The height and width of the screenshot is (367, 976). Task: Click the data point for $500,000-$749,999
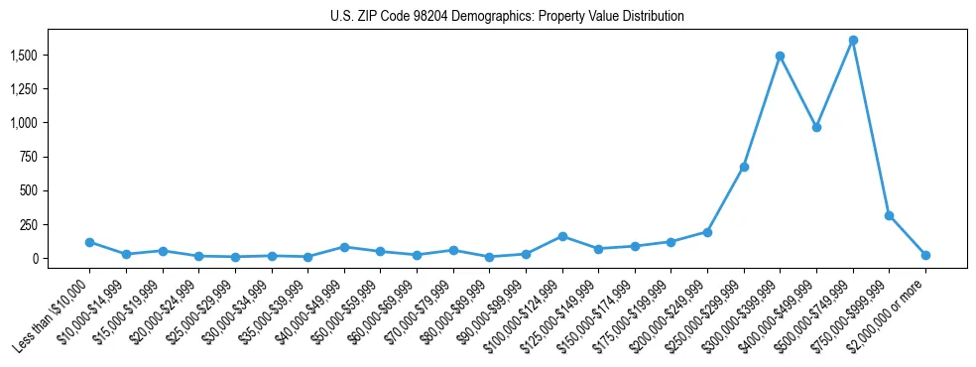[853, 41]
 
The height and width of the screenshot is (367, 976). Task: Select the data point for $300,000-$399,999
[781, 56]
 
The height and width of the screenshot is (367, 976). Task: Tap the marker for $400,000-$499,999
[816, 127]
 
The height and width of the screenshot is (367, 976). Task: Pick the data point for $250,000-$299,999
[744, 167]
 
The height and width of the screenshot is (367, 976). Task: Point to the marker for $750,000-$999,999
[890, 215]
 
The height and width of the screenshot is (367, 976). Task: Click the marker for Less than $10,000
[89, 242]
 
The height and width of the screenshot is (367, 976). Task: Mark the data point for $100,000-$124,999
[562, 236]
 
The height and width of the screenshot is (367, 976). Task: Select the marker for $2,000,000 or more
[925, 255]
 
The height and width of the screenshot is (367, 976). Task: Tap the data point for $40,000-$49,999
[344, 247]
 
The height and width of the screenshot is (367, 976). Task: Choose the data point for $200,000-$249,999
[707, 232]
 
